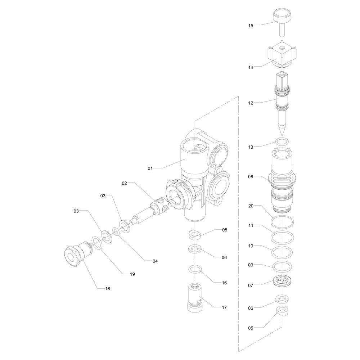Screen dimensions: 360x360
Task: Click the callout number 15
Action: point(251,26)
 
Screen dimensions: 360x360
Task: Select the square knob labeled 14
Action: point(282,55)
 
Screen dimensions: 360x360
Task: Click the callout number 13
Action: point(251,147)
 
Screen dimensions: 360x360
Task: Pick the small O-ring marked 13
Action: point(282,141)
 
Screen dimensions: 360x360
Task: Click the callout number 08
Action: point(251,176)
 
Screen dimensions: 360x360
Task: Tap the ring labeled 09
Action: point(282,266)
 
